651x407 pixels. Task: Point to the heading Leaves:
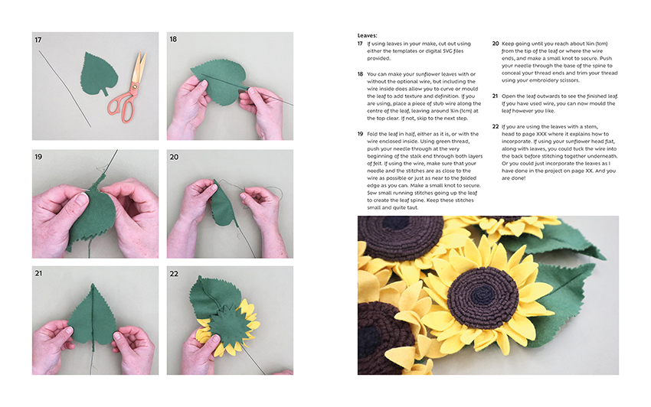click(368, 36)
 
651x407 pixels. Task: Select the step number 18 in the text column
click(361, 74)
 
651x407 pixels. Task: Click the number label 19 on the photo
click(38, 157)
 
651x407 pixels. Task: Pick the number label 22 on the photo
click(174, 274)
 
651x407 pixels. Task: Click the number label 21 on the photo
click(38, 273)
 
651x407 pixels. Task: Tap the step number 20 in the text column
click(496, 44)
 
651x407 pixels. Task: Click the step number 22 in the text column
click(496, 126)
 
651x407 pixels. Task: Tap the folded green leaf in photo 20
click(224, 204)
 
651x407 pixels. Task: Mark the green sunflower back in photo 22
click(228, 327)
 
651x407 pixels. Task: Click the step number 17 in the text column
click(360, 44)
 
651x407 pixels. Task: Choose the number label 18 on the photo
click(173, 40)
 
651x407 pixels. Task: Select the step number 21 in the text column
click(495, 96)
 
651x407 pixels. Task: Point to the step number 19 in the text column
click(361, 134)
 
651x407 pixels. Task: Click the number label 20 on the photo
click(174, 158)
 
